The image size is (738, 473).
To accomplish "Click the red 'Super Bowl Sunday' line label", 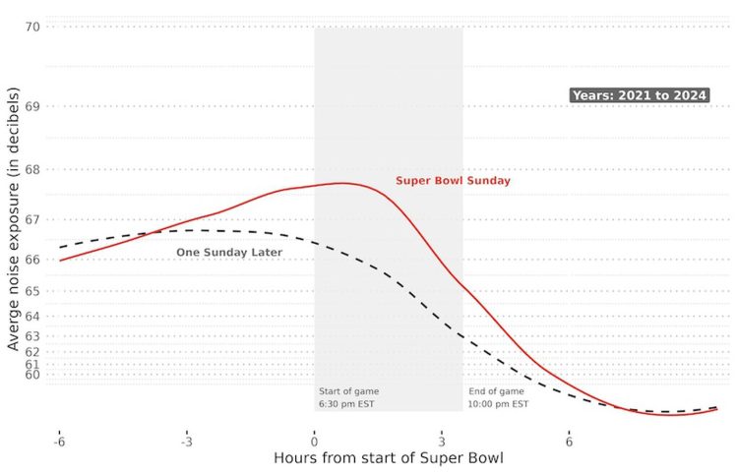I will pos(453,181).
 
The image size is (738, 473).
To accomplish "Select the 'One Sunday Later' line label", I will pos(229,253).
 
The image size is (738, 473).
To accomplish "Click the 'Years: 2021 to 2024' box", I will pos(640,95).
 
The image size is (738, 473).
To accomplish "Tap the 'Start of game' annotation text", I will pos(348,391).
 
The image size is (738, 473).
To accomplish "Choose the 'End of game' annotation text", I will pos(497,391).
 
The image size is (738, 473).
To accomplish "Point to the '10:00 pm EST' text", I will pos(499,405).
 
